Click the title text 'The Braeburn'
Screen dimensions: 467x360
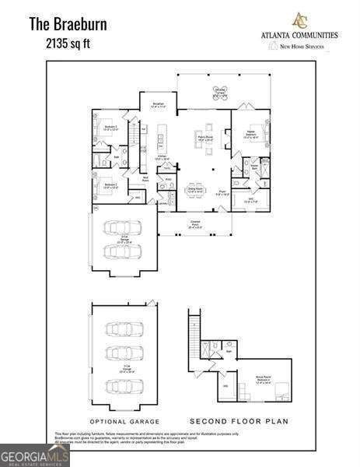68,23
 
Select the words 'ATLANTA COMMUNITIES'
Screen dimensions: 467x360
299,35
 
